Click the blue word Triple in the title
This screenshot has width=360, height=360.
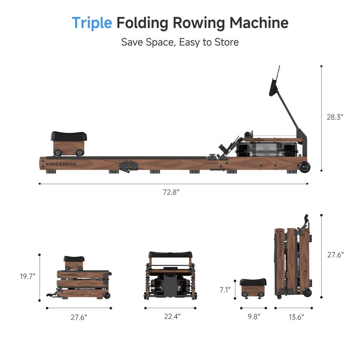pyautogui.click(x=92, y=23)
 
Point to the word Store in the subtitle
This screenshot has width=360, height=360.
pyautogui.click(x=226, y=42)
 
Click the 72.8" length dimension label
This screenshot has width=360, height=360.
pyautogui.click(x=171, y=192)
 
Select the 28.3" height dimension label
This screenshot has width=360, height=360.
pyautogui.click(x=335, y=117)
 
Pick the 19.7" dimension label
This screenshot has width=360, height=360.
pyautogui.click(x=28, y=276)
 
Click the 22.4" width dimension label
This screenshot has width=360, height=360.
pyautogui.click(x=172, y=316)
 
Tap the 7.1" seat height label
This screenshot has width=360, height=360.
pyautogui.click(x=225, y=290)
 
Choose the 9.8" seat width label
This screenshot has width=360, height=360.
pyautogui.click(x=254, y=317)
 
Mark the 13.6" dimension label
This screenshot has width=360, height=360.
pyautogui.click(x=296, y=317)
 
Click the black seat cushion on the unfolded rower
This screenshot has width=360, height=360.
pyautogui.click(x=69, y=136)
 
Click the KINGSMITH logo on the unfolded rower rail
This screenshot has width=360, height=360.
pyautogui.click(x=61, y=164)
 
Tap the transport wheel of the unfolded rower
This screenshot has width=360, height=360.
pyautogui.click(x=304, y=167)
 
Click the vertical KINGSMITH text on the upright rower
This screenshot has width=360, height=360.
pyautogui.click(x=280, y=245)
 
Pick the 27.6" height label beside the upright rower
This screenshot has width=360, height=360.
pyautogui.click(x=335, y=255)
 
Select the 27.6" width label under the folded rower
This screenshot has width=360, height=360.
pyautogui.click(x=79, y=317)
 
